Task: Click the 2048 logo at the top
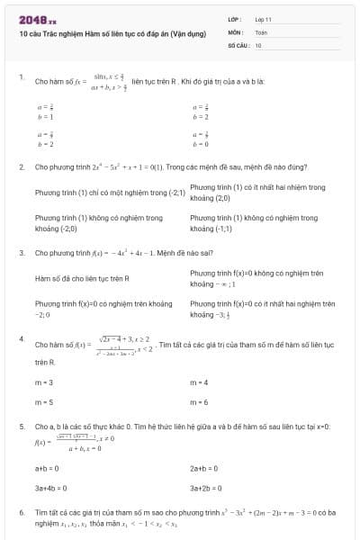pyautogui.click(x=37, y=17)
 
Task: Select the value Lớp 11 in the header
pyautogui.click(x=264, y=18)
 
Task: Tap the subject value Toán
pyautogui.click(x=261, y=31)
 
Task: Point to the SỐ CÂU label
pyautogui.click(x=238, y=44)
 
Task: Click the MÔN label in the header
pyautogui.click(x=235, y=31)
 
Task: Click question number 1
pyautogui.click(x=21, y=77)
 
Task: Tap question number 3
pyautogui.click(x=21, y=253)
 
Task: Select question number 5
pyautogui.click(x=21, y=426)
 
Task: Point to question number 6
pyautogui.click(x=21, y=511)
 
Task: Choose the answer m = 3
pyautogui.click(x=43, y=382)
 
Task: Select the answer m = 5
pyautogui.click(x=43, y=401)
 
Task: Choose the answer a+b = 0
pyautogui.click(x=47, y=468)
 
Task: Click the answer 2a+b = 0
pyautogui.click(x=204, y=468)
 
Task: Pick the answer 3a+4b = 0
pyautogui.click(x=50, y=488)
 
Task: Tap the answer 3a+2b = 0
pyautogui.click(x=206, y=488)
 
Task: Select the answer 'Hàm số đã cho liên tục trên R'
pyautogui.click(x=82, y=278)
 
